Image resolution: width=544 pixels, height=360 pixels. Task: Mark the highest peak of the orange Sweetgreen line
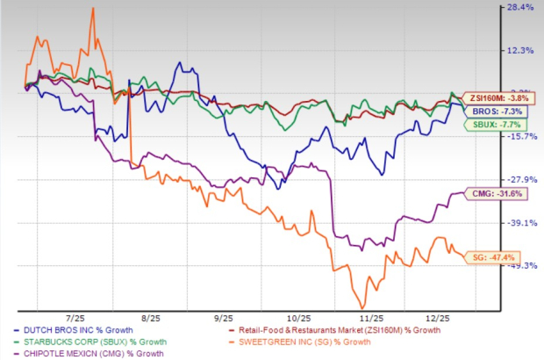coord(92,8)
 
